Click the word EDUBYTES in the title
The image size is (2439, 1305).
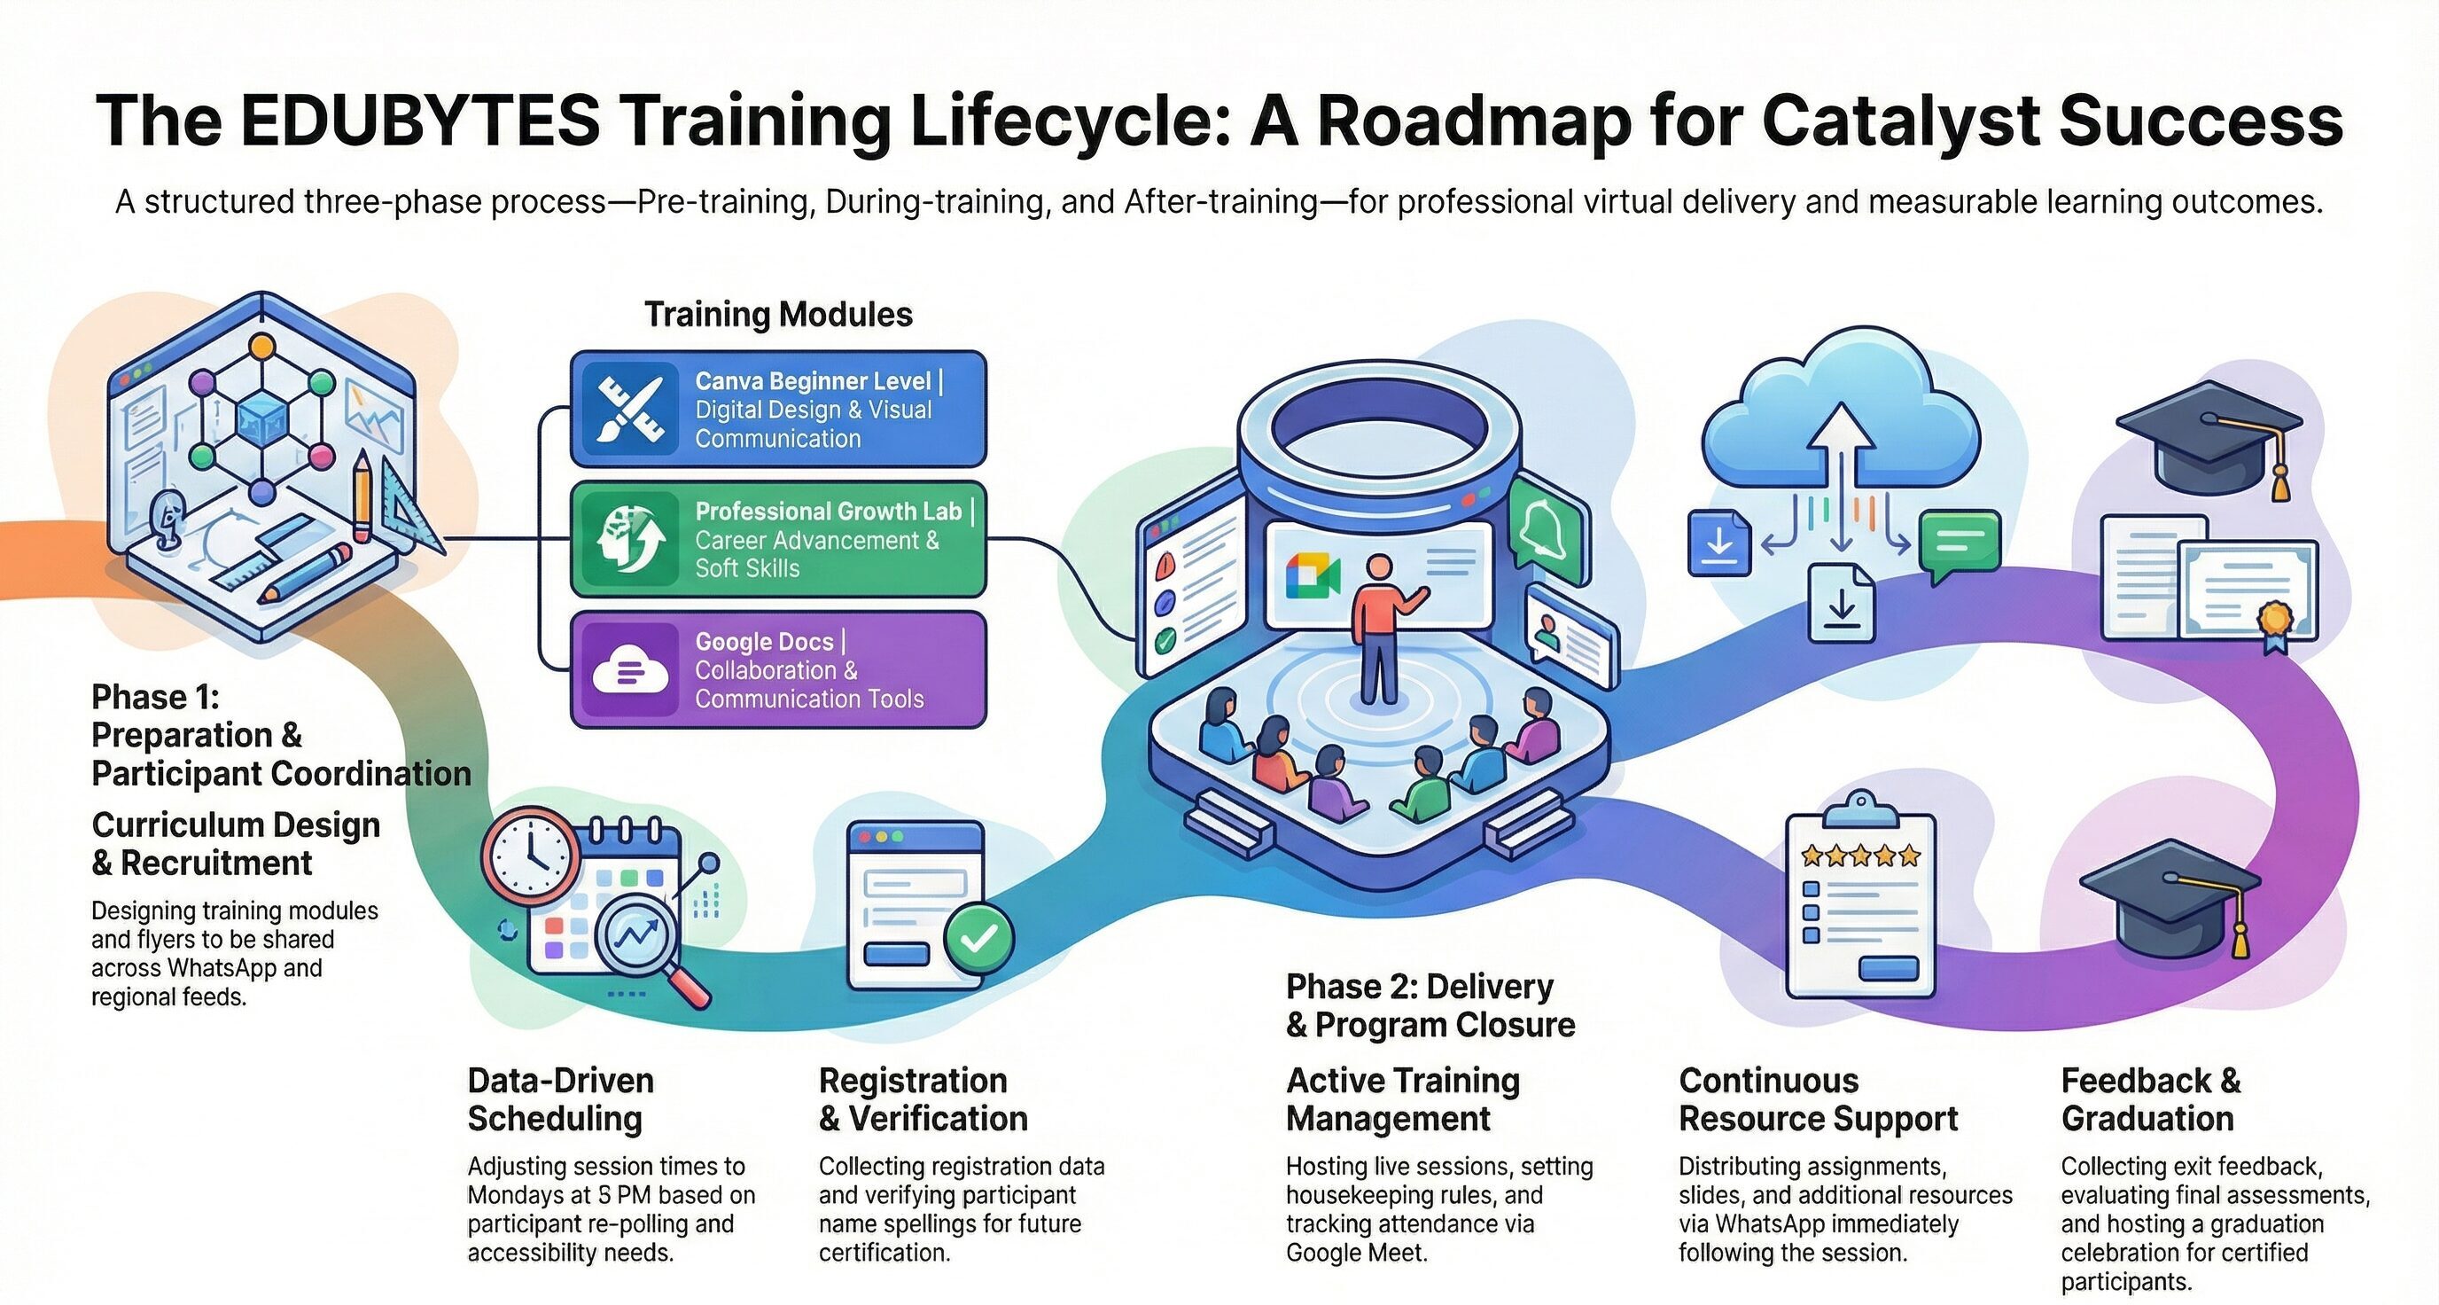(x=420, y=121)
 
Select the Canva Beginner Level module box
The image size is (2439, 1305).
(x=777, y=409)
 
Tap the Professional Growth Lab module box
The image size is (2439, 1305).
(x=777, y=540)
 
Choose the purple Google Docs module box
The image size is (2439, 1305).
(x=777, y=669)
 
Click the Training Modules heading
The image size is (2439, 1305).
(x=778, y=315)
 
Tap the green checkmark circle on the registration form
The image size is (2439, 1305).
(x=979, y=938)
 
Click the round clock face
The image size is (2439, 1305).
(x=531, y=857)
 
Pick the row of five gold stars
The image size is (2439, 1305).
(x=1860, y=856)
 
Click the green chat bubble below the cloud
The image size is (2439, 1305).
(x=1960, y=545)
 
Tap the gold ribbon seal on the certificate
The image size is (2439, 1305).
(x=2274, y=621)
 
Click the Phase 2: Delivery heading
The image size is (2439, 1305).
(x=1420, y=987)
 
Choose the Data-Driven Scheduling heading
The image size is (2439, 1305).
(x=560, y=1099)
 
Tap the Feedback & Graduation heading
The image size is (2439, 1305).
(x=2150, y=1099)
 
